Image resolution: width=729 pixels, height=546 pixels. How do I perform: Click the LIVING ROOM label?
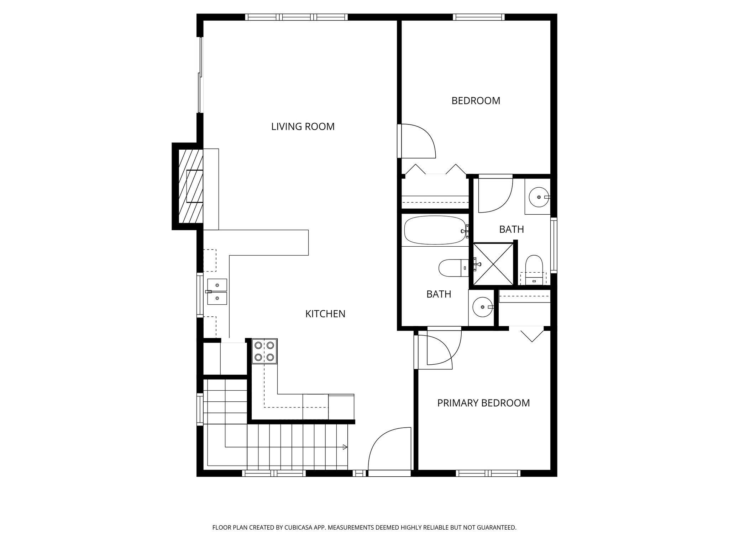(303, 127)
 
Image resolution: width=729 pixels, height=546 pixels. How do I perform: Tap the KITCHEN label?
(325, 314)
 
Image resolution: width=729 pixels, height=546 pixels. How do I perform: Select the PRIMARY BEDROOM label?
(483, 403)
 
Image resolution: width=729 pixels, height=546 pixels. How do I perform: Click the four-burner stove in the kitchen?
(264, 351)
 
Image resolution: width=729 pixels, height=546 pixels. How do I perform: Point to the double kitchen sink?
(217, 292)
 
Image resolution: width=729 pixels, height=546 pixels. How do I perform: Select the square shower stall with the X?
(493, 264)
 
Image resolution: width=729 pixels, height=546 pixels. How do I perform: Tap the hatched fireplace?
(190, 186)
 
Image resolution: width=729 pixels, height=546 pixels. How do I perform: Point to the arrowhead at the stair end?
(345, 447)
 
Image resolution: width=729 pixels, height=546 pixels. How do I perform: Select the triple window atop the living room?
(297, 17)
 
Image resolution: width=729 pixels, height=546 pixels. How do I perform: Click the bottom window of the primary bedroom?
(488, 473)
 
